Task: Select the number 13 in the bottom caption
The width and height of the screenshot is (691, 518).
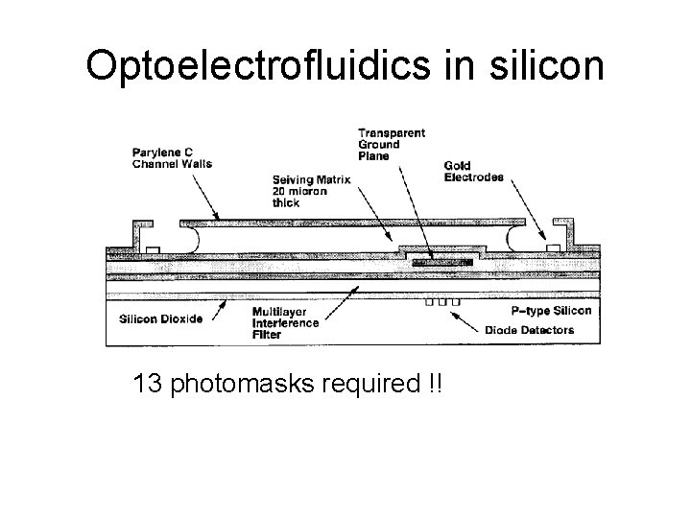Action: pyautogui.click(x=151, y=385)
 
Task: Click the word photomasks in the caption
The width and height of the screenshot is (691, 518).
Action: pyautogui.click(x=253, y=385)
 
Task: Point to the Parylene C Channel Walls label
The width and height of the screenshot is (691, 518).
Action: pyautogui.click(x=173, y=156)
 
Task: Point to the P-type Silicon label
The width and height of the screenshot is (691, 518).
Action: pyautogui.click(x=553, y=311)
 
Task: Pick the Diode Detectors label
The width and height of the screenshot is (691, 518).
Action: pyautogui.click(x=530, y=330)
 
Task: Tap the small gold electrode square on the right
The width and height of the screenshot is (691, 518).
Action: pyautogui.click(x=552, y=249)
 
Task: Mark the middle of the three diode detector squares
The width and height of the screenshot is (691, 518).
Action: pyautogui.click(x=442, y=303)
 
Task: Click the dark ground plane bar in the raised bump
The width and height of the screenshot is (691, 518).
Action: pyautogui.click(x=437, y=262)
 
